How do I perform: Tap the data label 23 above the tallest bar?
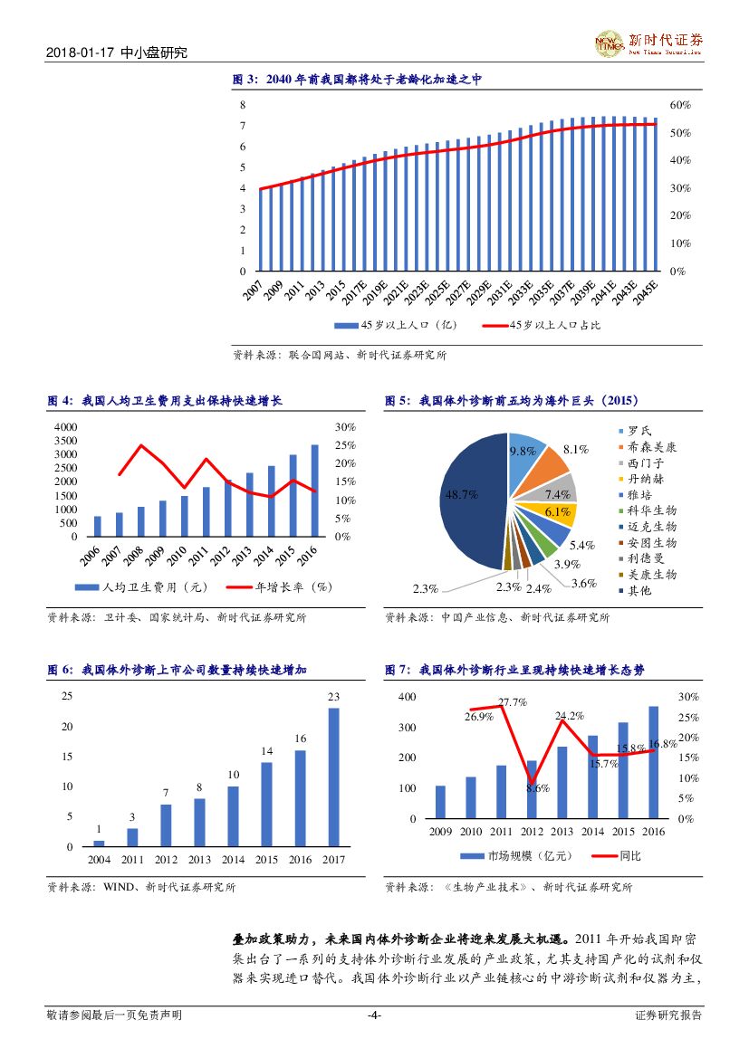point(333,697)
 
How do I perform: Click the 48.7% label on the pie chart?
point(461,494)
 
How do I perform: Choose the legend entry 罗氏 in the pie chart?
point(640,431)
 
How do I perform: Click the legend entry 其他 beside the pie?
point(640,591)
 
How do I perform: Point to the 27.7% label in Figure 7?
point(513,702)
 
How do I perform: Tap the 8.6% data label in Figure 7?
point(537,788)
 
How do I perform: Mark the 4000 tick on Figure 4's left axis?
point(66,426)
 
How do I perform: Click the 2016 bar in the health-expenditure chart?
point(314,491)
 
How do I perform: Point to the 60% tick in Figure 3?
point(680,105)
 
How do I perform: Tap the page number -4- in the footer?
point(374,1015)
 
